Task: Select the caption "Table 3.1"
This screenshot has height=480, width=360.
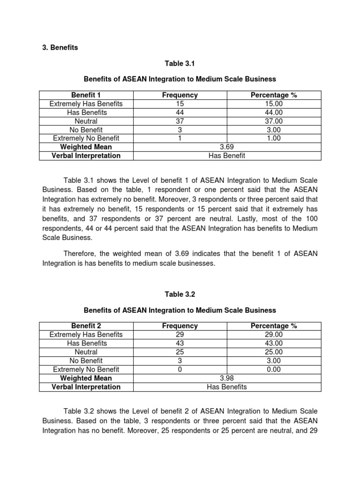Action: pos(180,63)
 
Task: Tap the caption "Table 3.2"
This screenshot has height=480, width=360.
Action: pos(180,294)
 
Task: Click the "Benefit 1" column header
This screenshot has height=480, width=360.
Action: pos(86,95)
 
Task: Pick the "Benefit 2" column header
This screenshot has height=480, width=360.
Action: pos(86,326)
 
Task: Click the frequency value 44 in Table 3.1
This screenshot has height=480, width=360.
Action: pos(180,112)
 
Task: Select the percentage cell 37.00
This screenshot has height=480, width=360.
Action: pos(274,121)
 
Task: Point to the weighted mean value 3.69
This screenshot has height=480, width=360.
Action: pos(227,147)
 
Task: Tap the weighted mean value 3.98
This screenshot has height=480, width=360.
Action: pos(227,378)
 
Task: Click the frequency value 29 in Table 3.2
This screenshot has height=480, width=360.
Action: pos(180,335)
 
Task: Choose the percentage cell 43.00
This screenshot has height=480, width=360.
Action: pos(274,343)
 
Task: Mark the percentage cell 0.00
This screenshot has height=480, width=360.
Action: pos(274,369)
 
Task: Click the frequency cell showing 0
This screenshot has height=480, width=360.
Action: pos(180,369)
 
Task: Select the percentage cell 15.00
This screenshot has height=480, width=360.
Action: pos(274,104)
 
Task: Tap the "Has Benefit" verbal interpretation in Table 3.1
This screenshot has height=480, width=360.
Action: pos(227,156)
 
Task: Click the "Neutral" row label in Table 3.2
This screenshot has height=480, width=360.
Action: pos(86,352)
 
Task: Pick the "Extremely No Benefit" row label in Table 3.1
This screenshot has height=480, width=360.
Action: pos(86,138)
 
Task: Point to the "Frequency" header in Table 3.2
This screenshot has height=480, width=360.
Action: pos(180,326)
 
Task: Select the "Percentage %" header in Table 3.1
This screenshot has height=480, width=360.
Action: pos(274,95)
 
